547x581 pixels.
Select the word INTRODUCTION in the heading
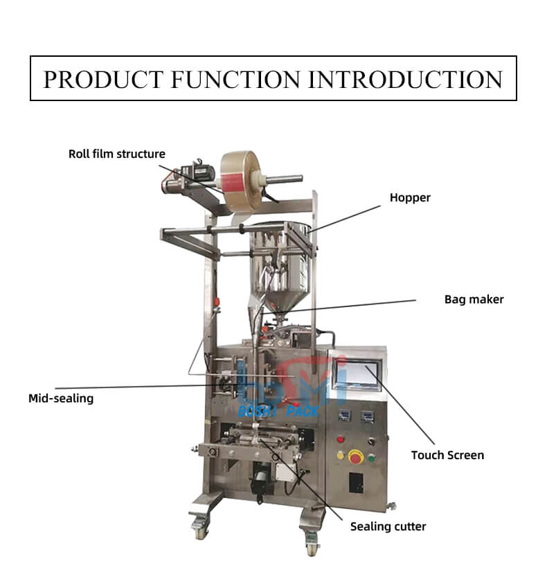406,79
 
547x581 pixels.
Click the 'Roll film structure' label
116,154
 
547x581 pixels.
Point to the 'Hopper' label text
410,197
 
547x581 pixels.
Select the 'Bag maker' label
474,299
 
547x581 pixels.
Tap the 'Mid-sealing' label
61,398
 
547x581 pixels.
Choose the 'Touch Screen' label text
447,455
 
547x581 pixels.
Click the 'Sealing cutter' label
388,526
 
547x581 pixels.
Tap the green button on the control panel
371,457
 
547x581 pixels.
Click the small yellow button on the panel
341,455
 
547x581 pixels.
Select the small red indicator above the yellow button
340,439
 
